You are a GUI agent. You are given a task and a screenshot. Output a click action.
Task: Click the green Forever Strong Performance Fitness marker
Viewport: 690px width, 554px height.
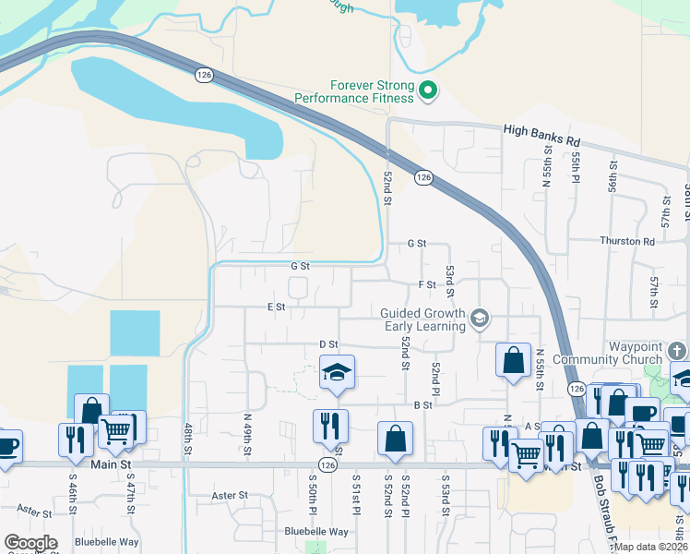(x=428, y=90)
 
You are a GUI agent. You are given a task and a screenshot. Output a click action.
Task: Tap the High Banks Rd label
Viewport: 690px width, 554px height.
(x=541, y=131)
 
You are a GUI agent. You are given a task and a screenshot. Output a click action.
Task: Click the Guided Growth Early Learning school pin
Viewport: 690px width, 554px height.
(x=479, y=319)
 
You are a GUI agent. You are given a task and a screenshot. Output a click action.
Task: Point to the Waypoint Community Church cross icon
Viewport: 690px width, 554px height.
(x=677, y=351)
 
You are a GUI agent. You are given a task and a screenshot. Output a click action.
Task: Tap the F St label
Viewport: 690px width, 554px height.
(x=426, y=284)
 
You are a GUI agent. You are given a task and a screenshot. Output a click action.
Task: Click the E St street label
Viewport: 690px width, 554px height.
(x=275, y=307)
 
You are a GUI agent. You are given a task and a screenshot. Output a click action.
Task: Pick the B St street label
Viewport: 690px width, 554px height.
(x=423, y=404)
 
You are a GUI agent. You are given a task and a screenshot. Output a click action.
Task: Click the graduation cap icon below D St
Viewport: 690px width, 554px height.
(x=337, y=373)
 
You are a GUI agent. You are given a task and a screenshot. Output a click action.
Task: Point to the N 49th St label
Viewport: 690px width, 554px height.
(x=247, y=431)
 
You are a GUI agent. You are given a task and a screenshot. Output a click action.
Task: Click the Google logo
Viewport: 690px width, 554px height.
(x=31, y=543)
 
